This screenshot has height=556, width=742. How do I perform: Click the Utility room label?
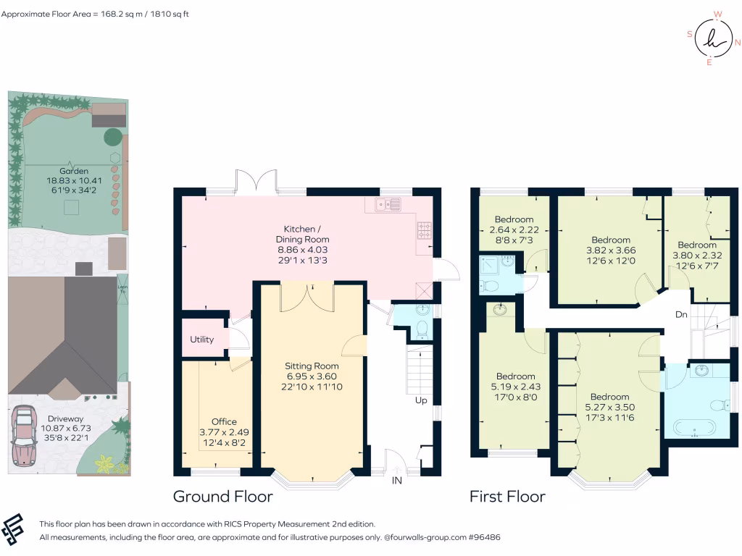point(201,340)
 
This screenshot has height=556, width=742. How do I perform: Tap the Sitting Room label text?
point(312,366)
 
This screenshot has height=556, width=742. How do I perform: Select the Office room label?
point(225,422)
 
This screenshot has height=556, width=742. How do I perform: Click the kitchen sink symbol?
point(388,204)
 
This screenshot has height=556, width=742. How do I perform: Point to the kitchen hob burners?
point(424,230)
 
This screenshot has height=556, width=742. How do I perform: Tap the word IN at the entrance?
point(396,481)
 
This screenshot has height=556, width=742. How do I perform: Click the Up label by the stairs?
point(421,400)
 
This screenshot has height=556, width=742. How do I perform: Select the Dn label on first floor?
point(681,314)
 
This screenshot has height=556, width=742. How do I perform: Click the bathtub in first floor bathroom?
point(694,429)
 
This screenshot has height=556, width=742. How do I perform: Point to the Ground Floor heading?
point(223,497)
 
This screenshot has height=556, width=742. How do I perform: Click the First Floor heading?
point(507,497)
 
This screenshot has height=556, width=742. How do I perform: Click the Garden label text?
point(74,171)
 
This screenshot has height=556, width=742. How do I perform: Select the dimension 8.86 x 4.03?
point(302,250)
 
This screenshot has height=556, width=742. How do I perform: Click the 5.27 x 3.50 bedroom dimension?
point(610,407)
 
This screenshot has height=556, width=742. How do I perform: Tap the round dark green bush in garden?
point(112,137)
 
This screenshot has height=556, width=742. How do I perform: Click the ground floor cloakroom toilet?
point(422,329)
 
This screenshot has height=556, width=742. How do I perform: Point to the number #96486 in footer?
point(484,537)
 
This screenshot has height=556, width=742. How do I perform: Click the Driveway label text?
point(65,419)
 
